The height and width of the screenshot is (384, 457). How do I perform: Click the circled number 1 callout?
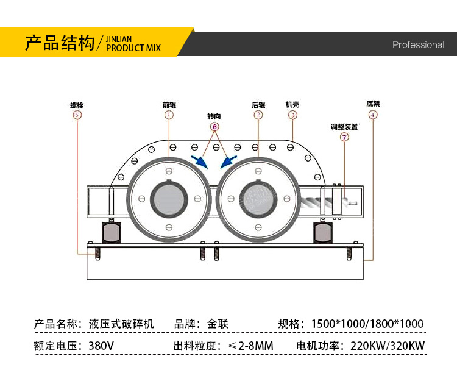click(x=169, y=115)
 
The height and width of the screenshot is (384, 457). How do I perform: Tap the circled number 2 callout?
click(x=258, y=115)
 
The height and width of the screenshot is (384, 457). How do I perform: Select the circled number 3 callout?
click(x=292, y=115)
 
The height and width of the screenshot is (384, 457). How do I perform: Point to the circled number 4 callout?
click(x=373, y=115)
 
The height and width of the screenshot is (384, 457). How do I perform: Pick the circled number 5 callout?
click(x=76, y=115)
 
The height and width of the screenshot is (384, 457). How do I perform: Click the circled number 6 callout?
click(x=214, y=126)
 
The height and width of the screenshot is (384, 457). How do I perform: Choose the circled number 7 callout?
click(x=344, y=137)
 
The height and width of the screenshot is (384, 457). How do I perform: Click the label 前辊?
click(x=169, y=105)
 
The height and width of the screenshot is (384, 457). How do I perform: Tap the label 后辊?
click(x=258, y=105)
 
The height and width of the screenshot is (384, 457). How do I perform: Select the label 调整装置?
click(x=344, y=127)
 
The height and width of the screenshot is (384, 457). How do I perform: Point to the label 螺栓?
click(x=76, y=105)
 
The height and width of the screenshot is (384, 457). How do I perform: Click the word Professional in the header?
click(x=418, y=44)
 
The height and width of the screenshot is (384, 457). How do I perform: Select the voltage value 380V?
click(x=101, y=346)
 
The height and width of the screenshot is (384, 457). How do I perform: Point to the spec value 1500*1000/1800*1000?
click(x=367, y=324)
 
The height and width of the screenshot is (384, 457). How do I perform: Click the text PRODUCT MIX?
click(x=133, y=48)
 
